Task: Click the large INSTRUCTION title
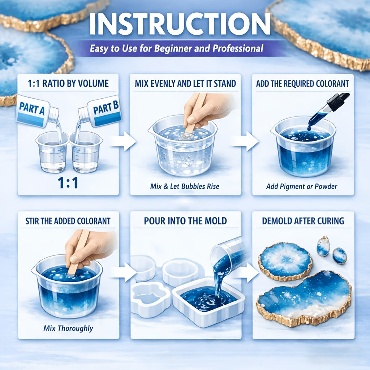[180, 24]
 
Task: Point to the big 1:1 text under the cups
[68, 182]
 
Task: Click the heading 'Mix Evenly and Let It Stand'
[185, 83]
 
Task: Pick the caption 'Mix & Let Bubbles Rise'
[185, 186]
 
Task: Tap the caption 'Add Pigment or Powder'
[302, 186]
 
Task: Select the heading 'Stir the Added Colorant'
[68, 221]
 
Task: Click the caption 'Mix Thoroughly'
[68, 328]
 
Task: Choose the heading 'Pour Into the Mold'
[185, 221]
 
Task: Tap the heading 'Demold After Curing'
[303, 221]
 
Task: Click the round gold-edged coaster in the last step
[285, 262]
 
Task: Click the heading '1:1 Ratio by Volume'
[68, 83]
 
